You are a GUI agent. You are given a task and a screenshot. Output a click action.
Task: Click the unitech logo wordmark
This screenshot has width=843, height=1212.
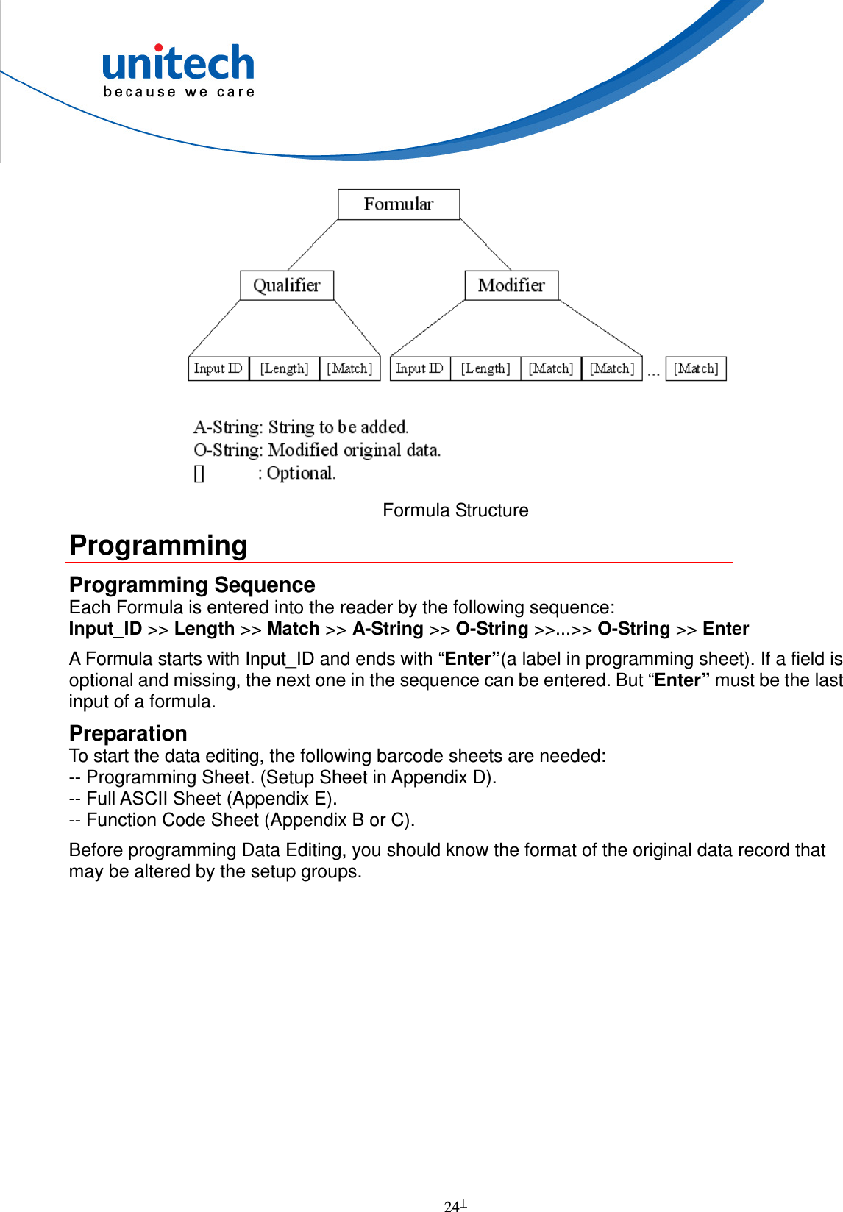click(178, 63)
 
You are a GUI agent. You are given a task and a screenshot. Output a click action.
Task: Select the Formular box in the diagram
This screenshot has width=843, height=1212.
click(399, 204)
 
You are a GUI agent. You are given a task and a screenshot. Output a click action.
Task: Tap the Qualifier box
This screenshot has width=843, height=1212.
click(287, 285)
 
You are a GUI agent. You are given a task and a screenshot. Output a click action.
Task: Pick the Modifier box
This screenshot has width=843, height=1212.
click(511, 285)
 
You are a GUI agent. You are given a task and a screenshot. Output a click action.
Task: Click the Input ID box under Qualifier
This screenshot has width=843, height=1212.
click(218, 368)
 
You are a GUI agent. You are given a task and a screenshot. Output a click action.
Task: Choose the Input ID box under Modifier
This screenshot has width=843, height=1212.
click(419, 368)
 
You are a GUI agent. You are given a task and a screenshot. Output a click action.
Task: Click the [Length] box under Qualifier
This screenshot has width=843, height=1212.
click(284, 368)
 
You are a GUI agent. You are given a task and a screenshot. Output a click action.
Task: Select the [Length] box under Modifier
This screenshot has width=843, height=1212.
click(485, 368)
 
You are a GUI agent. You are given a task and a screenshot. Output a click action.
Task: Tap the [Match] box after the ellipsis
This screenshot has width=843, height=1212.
click(696, 368)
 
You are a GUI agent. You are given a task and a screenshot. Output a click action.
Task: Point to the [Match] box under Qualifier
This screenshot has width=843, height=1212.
click(350, 368)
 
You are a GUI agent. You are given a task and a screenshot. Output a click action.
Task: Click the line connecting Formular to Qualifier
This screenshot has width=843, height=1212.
click(313, 245)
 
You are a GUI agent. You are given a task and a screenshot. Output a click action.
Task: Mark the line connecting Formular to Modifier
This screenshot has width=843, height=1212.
click(485, 245)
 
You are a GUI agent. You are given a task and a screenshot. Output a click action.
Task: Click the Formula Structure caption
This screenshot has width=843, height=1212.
click(455, 510)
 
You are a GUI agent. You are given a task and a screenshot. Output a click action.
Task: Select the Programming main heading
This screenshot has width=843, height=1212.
click(158, 546)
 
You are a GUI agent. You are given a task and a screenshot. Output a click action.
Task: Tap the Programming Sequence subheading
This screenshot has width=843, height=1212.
click(192, 585)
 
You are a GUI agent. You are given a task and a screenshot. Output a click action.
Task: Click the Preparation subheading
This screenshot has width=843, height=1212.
click(128, 733)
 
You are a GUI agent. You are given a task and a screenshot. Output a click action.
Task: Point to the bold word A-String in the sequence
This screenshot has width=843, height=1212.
click(388, 629)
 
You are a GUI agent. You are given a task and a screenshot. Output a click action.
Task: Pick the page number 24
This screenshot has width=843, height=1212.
click(452, 1206)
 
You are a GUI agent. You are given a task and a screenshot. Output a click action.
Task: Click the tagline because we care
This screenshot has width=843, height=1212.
click(179, 93)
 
